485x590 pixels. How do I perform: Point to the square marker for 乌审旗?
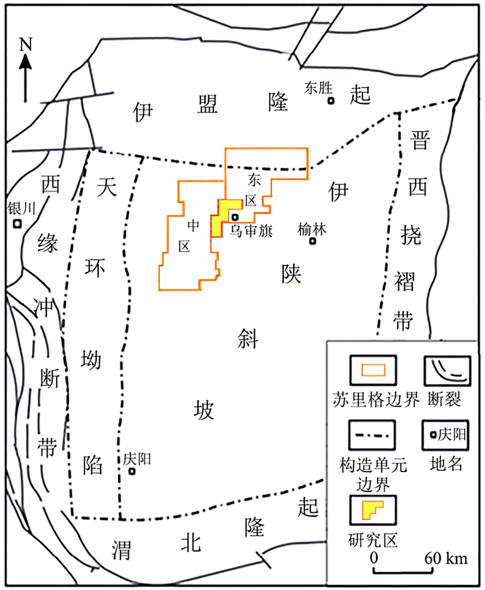coord(235,217)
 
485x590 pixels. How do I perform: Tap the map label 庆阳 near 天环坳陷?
coord(137,458)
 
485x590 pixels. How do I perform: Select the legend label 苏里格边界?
coord(375,399)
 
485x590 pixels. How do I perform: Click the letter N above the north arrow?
coord(26,45)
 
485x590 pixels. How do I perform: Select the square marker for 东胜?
coord(331,101)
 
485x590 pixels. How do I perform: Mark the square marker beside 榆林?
coord(313,241)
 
